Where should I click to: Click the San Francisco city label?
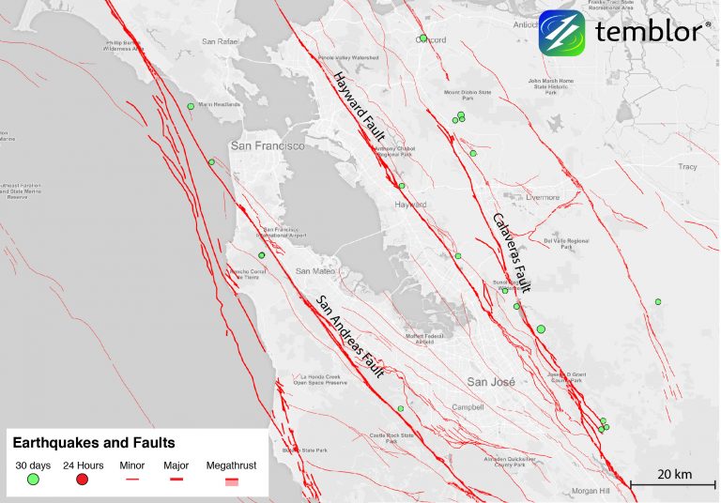point(268,146)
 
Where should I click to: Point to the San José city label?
point(491,382)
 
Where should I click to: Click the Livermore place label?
point(542,197)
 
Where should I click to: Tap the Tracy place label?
point(687,167)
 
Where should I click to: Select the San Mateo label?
point(315,270)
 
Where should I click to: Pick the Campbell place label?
point(466,407)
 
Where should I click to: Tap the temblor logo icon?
point(561,33)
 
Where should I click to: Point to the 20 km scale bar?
point(673,484)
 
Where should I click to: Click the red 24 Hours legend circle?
point(82,480)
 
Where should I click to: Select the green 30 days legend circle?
point(33,480)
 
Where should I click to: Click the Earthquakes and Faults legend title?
point(94,440)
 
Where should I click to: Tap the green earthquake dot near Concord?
point(423,38)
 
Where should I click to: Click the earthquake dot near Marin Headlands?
point(191,107)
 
